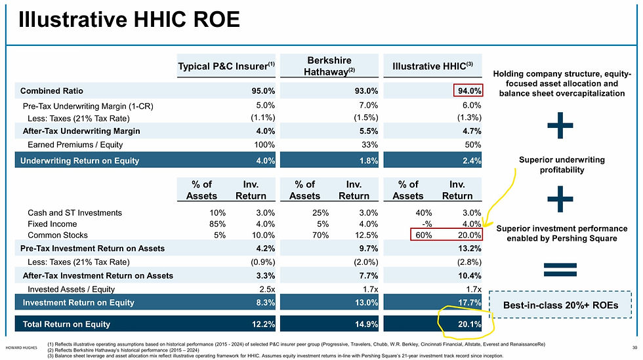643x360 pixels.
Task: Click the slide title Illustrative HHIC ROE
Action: (x=129, y=20)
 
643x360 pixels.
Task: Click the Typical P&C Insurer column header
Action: (x=226, y=66)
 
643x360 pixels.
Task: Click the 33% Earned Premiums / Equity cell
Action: (x=368, y=144)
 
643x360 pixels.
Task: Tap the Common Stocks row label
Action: (x=58, y=235)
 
